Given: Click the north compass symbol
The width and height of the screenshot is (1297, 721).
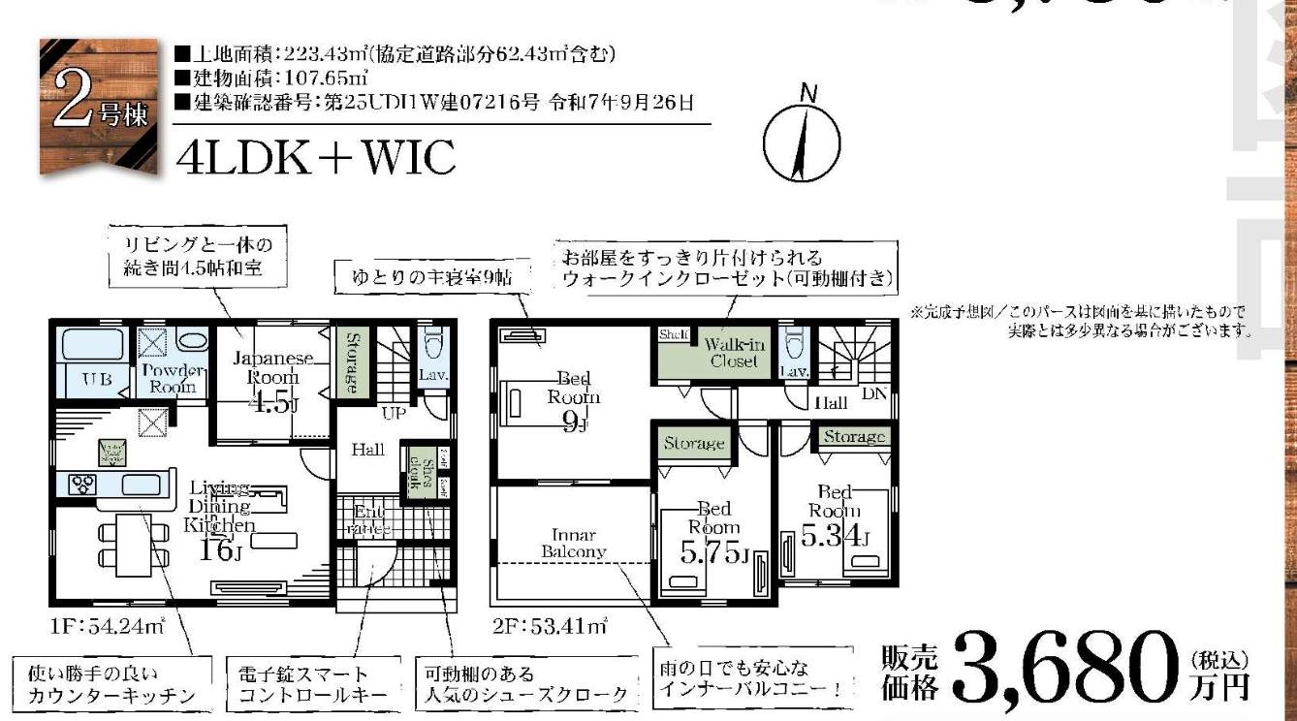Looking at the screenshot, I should click(x=801, y=144).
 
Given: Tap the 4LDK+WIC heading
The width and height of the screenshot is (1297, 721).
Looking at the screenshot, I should click(x=316, y=158).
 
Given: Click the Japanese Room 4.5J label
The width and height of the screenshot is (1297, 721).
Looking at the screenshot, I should click(x=273, y=380).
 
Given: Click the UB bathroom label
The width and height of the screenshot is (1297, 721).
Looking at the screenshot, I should click(x=95, y=378).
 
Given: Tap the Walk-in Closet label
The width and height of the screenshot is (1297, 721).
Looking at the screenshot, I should click(x=733, y=353).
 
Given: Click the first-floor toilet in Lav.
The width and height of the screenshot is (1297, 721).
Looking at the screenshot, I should click(x=432, y=345).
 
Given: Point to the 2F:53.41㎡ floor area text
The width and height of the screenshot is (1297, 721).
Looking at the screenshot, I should click(x=551, y=626).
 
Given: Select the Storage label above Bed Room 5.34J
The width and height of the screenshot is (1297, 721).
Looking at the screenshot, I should click(x=853, y=437).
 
